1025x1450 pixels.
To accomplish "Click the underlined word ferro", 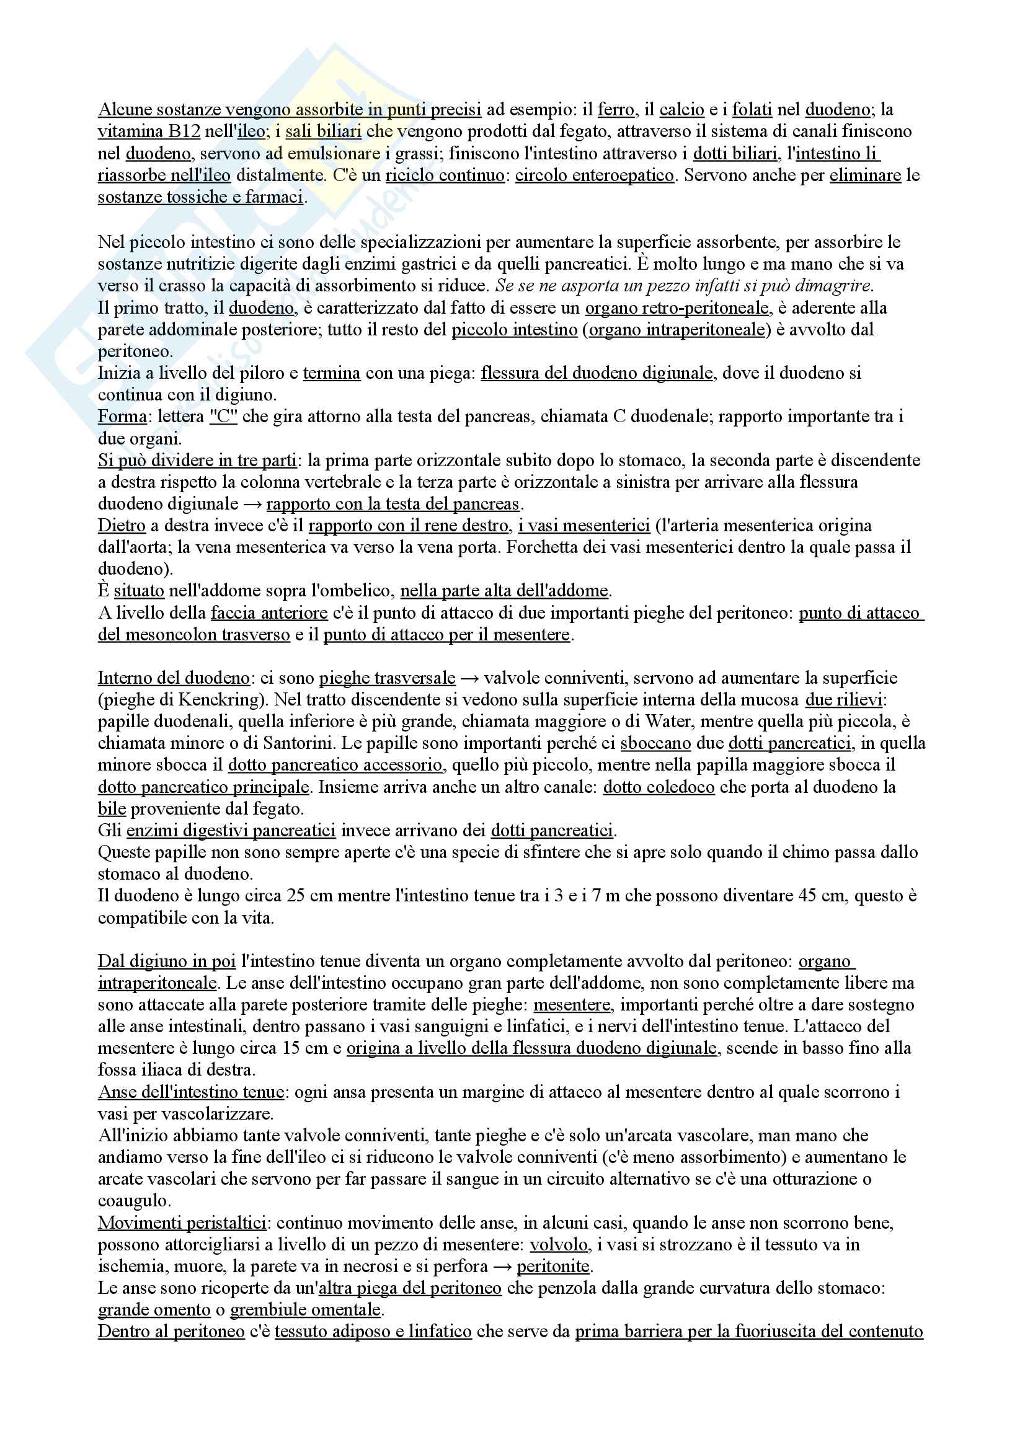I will (x=616, y=110).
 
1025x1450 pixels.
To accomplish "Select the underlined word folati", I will (x=752, y=110).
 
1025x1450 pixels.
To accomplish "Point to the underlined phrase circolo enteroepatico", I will (x=594, y=175).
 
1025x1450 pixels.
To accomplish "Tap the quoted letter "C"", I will (x=223, y=417).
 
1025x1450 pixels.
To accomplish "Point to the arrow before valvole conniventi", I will (x=469, y=678).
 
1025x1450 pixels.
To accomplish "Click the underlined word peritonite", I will (x=553, y=1267).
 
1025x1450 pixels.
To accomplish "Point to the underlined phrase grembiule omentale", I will (x=306, y=1310).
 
